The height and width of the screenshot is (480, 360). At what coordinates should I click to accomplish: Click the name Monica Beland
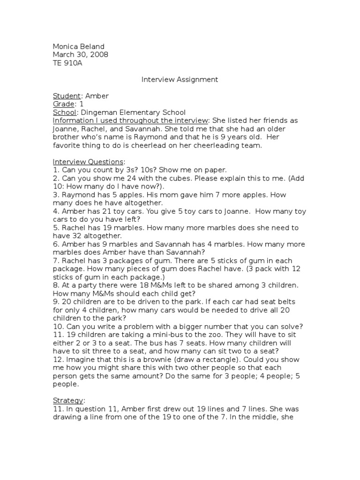coord(79,46)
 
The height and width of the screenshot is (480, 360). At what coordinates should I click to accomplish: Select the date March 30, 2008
coord(81,54)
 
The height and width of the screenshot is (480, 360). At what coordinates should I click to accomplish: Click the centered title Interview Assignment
coord(180,80)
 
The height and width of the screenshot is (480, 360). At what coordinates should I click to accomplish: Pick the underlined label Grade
coord(64,104)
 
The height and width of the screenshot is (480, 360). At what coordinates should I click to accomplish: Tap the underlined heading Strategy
coord(68,401)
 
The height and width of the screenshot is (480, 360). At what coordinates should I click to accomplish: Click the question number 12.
coord(58,360)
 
